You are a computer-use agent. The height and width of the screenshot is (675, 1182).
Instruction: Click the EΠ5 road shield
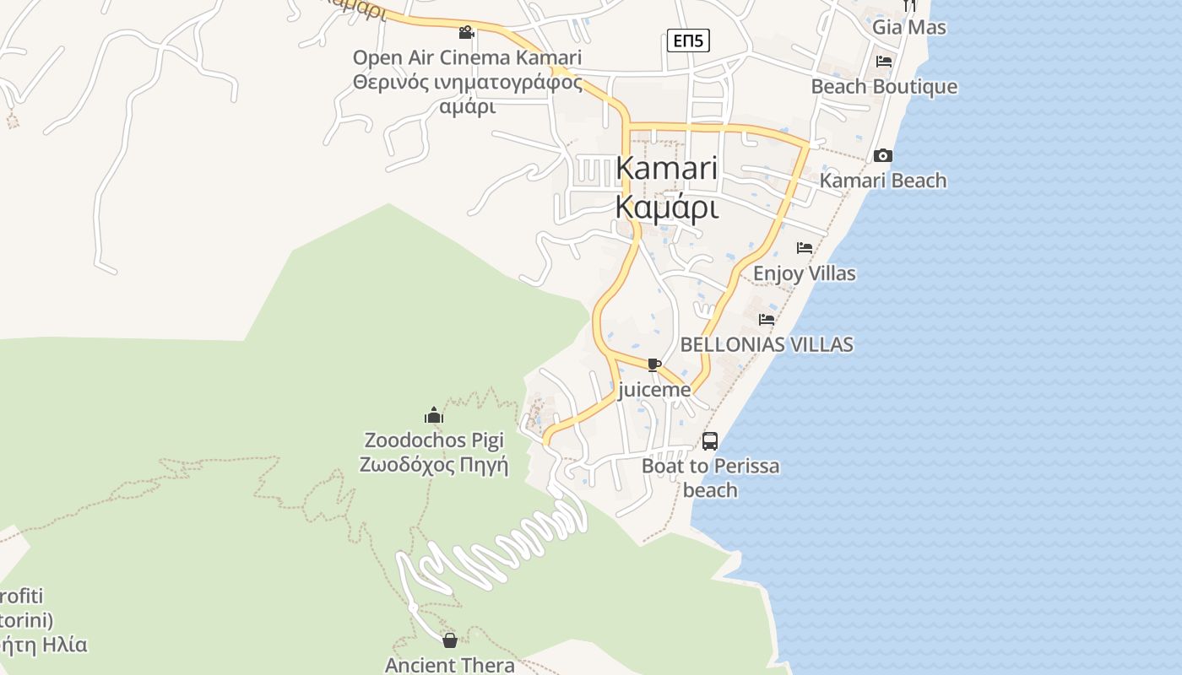(688, 40)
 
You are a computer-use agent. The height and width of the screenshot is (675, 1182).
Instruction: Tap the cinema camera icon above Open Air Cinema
(466, 33)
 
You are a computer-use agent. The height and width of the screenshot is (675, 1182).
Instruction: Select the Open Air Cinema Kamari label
(467, 58)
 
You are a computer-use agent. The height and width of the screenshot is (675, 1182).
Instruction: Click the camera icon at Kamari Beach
(883, 156)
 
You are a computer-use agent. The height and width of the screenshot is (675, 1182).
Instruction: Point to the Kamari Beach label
(883, 181)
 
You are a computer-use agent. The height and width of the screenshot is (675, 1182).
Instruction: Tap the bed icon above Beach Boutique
(884, 62)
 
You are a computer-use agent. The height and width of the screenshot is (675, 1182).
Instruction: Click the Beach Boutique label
(884, 87)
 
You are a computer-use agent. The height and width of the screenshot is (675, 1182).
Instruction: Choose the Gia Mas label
(909, 27)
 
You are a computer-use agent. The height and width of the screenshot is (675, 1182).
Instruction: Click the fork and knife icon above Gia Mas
(909, 5)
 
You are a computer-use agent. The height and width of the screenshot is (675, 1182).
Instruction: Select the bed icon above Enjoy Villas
(805, 248)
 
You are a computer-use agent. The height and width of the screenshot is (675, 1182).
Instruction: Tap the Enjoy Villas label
(805, 273)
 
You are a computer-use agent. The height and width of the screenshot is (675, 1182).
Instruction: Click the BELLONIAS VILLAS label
(767, 344)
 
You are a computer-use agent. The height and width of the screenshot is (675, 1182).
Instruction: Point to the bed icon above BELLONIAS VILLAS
(767, 320)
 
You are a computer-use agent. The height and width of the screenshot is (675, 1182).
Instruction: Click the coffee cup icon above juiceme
(653, 364)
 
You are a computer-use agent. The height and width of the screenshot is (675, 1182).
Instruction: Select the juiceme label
(654, 390)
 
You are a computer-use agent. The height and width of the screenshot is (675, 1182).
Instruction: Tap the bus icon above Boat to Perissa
(710, 440)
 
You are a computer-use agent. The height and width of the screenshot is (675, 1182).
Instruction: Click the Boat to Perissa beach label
(710, 478)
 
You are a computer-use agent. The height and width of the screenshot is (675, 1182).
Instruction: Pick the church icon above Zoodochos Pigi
(434, 415)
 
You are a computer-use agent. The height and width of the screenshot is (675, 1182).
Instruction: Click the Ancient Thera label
(450, 665)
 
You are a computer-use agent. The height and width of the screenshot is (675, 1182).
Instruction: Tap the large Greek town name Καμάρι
(667, 207)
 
